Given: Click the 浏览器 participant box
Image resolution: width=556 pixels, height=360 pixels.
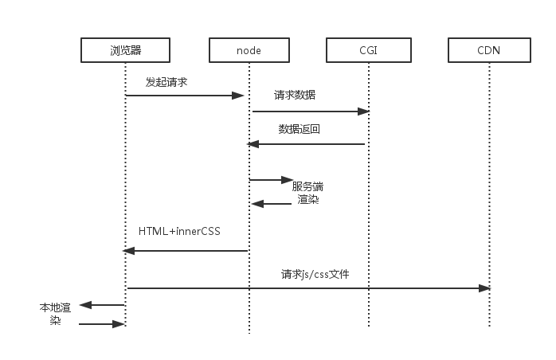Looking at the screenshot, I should click(x=126, y=51).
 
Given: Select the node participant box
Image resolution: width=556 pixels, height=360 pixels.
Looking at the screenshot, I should click(x=249, y=51).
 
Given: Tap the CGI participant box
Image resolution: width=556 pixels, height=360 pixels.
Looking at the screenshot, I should click(x=369, y=51).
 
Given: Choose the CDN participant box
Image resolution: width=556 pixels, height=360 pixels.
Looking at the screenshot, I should click(x=489, y=51).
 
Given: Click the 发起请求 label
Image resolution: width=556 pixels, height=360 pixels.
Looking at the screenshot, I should click(x=166, y=82).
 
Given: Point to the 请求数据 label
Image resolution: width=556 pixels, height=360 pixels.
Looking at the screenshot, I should click(x=295, y=95).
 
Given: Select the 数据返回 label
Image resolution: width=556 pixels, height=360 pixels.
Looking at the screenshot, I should click(x=299, y=128).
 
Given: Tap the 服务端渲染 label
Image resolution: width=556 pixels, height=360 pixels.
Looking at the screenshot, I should click(x=307, y=193).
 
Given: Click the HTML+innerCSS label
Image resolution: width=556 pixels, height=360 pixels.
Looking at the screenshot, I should click(x=179, y=232).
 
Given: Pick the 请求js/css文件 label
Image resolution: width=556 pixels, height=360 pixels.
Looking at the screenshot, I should click(x=315, y=274).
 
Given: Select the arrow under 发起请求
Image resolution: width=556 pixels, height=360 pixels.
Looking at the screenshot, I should click(x=184, y=96).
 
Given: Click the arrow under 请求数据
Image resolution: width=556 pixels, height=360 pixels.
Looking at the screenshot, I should click(x=308, y=112).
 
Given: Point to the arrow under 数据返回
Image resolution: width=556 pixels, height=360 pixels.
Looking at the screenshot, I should click(x=307, y=144).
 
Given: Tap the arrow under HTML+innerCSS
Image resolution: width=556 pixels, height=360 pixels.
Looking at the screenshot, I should click(x=186, y=251).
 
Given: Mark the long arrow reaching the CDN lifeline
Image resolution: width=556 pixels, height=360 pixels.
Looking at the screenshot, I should click(x=308, y=288).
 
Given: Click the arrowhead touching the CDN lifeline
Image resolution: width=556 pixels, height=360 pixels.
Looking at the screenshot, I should click(x=484, y=288).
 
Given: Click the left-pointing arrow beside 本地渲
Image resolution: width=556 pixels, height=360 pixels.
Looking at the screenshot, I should click(x=102, y=304).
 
